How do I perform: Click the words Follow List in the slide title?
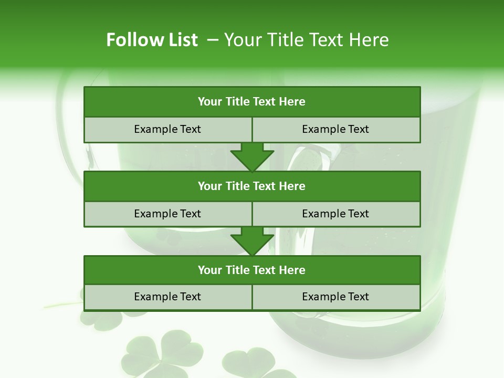pos(152,40)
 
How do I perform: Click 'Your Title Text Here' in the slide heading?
pos(307,40)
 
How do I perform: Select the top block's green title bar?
pos(252,102)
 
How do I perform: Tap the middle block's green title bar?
pos(252,186)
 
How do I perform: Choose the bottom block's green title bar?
pos(252,270)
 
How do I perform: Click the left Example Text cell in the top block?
pos(167,130)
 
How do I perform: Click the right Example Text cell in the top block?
pos(336,130)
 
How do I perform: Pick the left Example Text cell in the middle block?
pos(167,214)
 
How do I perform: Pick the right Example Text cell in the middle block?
pos(336,214)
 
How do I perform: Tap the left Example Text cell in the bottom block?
pos(167,297)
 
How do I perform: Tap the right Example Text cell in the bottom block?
pos(336,297)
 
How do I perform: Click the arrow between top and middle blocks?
pos(252,157)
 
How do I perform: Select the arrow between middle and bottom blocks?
pos(252,241)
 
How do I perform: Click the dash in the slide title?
pos(213,40)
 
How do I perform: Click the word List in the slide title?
pos(182,40)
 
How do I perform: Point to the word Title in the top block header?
pos(237,102)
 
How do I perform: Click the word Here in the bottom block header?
pos(292,270)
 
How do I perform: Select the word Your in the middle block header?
pos(209,186)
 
